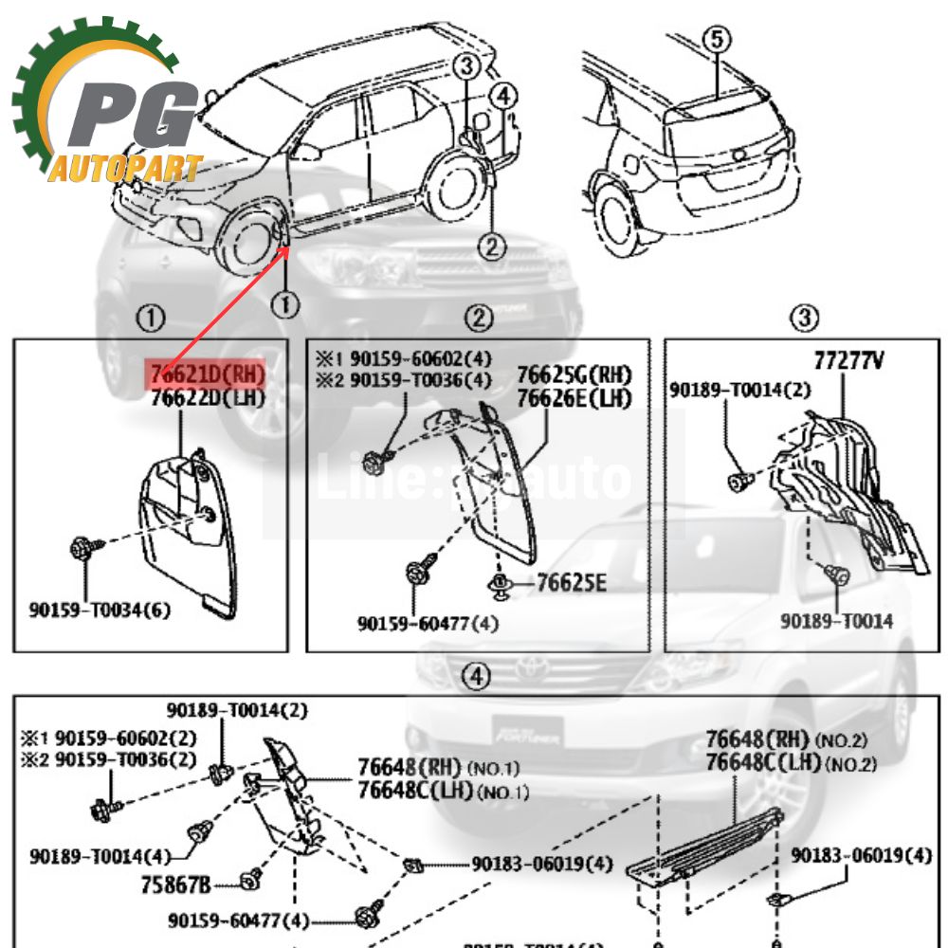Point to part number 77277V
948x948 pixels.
(x=849, y=361)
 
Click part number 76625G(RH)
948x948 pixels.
(x=574, y=375)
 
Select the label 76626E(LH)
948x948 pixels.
(x=574, y=398)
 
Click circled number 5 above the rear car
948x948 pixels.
(x=717, y=40)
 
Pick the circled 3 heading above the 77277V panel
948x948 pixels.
(x=804, y=319)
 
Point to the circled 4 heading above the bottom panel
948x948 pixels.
(x=476, y=677)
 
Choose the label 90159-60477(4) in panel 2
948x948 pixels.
(x=428, y=624)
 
